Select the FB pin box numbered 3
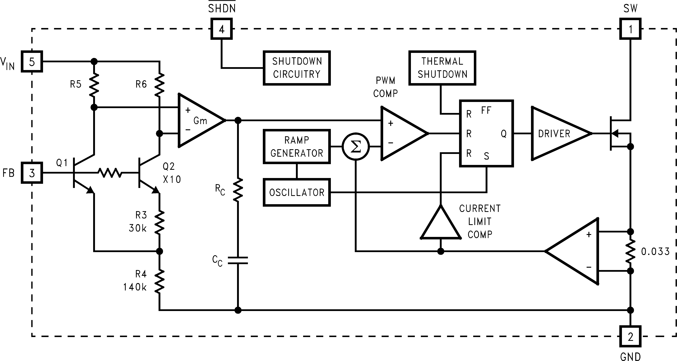point(32,173)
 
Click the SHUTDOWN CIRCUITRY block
point(297,68)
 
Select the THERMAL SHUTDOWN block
point(442,68)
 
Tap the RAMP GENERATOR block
point(297,146)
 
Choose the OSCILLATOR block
point(297,192)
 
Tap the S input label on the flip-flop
point(487,156)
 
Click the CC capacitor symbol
point(238,260)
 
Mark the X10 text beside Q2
point(172,179)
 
